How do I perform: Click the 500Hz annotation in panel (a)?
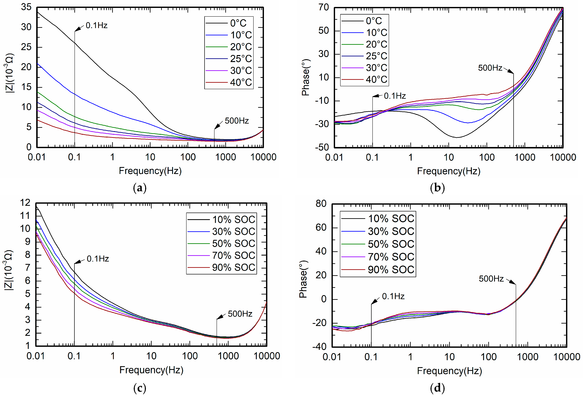236,121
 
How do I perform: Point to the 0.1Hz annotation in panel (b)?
395,96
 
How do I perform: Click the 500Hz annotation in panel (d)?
491,279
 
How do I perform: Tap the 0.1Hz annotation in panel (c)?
98,259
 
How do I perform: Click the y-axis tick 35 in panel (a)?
26,7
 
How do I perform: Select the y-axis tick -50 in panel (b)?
322,147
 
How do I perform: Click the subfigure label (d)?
437,388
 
